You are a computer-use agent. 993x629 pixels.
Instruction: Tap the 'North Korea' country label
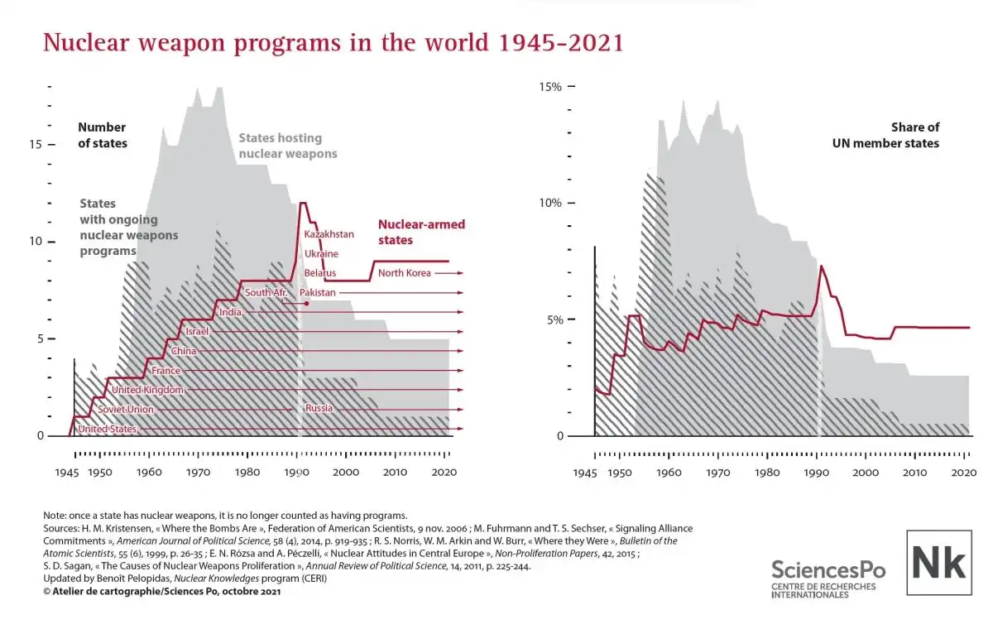coord(405,273)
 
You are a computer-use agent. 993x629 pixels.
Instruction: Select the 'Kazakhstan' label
coord(329,235)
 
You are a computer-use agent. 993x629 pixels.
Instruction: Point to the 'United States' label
coord(107,429)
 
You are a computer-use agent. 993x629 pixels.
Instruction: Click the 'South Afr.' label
coord(266,293)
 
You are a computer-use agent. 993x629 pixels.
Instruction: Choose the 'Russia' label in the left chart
coord(319,409)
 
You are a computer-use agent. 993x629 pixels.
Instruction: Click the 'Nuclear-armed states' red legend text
coord(421,232)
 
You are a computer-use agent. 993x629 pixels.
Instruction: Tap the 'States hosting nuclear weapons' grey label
coord(288,146)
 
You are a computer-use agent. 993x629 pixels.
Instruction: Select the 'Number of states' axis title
coord(102,135)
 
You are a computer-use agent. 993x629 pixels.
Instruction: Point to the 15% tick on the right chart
coord(551,87)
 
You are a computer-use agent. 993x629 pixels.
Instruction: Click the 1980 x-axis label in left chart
coord(247,472)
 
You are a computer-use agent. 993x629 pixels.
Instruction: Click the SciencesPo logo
coord(827,577)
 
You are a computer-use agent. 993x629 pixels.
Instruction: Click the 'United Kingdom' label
coord(147,390)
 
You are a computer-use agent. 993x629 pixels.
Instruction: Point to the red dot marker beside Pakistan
coord(307,304)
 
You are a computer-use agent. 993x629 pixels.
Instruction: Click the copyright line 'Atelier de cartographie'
coord(162,592)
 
